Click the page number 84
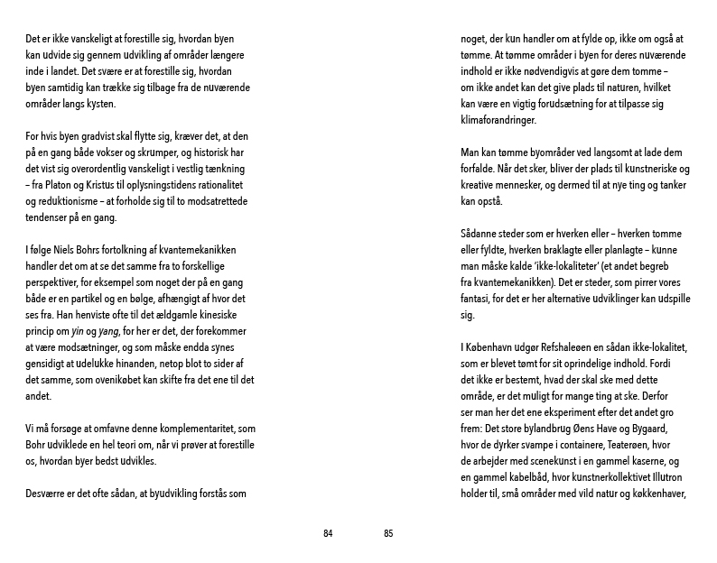[328, 533]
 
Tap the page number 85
[388, 533]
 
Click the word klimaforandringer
[498, 119]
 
